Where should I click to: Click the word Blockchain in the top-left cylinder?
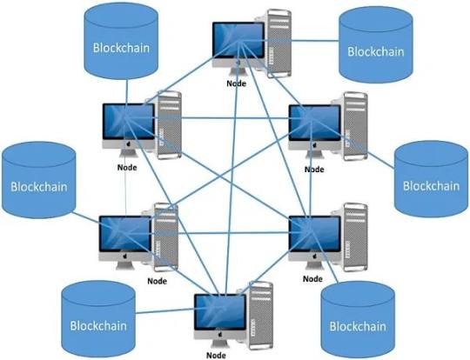(x=121, y=48)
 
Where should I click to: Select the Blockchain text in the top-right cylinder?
(x=376, y=51)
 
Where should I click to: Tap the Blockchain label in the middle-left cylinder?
(x=39, y=187)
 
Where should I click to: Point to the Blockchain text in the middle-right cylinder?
(x=432, y=186)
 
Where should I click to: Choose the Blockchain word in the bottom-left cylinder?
(x=98, y=325)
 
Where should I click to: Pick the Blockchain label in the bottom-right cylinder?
(x=358, y=326)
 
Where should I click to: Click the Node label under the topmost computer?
(x=236, y=83)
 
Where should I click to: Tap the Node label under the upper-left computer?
(x=127, y=168)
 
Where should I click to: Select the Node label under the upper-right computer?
(x=314, y=170)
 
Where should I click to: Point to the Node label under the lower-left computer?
(x=157, y=281)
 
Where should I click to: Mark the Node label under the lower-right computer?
(x=312, y=279)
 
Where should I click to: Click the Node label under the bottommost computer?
(x=216, y=356)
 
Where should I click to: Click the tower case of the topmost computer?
(x=276, y=43)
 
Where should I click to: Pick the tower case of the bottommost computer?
(x=258, y=316)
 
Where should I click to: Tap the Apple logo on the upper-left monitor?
(x=129, y=144)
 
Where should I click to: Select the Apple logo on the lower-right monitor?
(x=314, y=257)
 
